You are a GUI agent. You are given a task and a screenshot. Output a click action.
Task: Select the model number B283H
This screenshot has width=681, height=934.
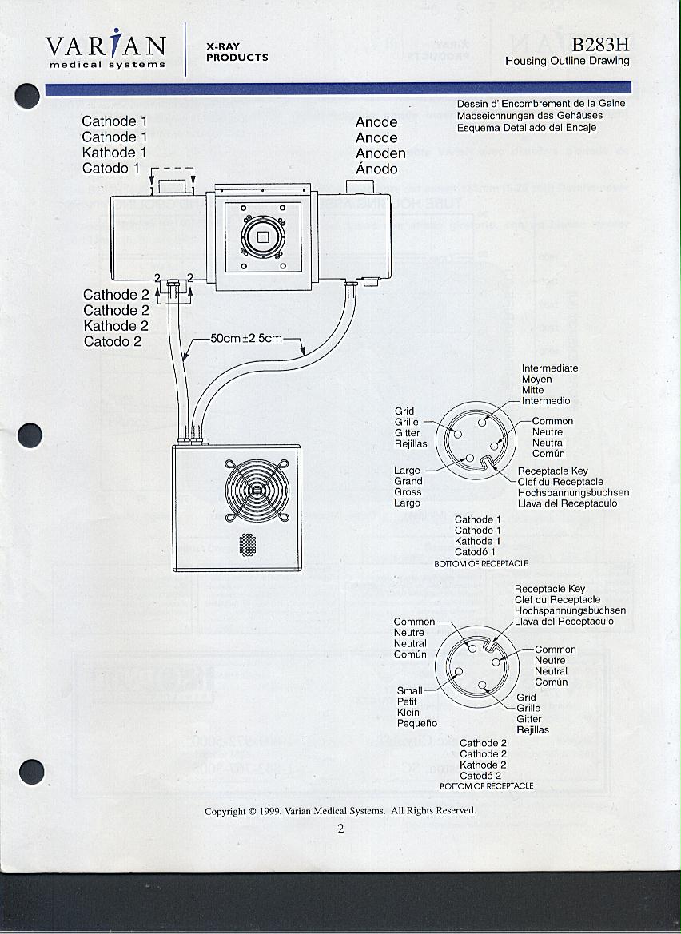click(x=600, y=45)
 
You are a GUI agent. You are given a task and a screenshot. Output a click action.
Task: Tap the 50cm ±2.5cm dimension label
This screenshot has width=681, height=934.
click(x=246, y=338)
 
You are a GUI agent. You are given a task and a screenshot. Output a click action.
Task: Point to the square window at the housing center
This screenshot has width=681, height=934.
click(x=261, y=236)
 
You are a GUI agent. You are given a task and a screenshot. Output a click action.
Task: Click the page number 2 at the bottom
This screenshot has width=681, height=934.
click(x=340, y=828)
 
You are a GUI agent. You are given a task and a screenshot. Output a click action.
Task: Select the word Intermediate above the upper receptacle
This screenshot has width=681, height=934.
click(x=550, y=368)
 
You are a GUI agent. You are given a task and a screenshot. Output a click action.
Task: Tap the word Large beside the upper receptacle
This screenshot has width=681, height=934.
click(x=407, y=471)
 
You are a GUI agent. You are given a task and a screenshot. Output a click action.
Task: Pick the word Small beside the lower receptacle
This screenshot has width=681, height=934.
click(x=409, y=691)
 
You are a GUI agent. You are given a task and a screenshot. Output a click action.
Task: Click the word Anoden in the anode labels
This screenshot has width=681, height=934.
click(x=380, y=153)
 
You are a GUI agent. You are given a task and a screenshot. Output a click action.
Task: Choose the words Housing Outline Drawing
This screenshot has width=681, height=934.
click(x=567, y=61)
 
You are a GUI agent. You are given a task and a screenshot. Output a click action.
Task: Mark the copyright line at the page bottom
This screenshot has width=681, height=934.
click(x=340, y=810)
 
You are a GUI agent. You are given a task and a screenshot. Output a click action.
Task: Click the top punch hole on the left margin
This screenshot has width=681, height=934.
click(x=28, y=96)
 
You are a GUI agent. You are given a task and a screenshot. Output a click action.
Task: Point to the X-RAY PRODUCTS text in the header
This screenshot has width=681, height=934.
click(x=237, y=52)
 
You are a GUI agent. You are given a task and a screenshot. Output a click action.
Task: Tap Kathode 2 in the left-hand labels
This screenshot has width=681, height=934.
click(x=116, y=326)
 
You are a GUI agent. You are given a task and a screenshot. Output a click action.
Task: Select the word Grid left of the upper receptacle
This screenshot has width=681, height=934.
click(x=404, y=411)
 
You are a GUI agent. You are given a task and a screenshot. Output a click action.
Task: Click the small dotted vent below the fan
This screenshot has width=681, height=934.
click(x=248, y=545)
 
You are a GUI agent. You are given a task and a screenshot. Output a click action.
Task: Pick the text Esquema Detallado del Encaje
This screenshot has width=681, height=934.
click(x=527, y=128)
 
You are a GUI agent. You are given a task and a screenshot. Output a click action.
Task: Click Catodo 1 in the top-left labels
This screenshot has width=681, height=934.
click(x=110, y=169)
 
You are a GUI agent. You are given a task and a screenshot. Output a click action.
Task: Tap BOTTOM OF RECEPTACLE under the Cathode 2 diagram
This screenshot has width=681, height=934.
click(x=487, y=786)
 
